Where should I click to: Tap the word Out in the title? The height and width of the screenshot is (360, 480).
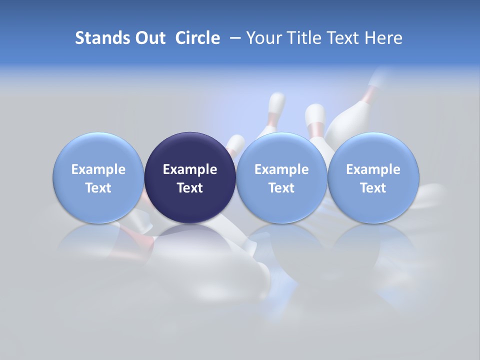[x=148, y=38]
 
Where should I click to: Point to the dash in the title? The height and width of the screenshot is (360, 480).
[x=233, y=38]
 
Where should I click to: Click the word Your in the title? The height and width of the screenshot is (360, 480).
[x=264, y=38]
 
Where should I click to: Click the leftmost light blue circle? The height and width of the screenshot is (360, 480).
[x=98, y=150]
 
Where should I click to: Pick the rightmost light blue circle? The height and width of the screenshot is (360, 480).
[x=373, y=150]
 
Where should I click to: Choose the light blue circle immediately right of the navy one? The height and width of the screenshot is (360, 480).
[x=281, y=150]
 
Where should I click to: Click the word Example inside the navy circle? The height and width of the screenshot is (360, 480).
[x=190, y=169]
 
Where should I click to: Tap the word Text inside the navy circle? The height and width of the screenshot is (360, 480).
[x=190, y=188]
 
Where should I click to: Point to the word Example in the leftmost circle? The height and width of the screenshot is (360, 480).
[x=98, y=169]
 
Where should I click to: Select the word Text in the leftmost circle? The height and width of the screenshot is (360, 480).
[x=98, y=188]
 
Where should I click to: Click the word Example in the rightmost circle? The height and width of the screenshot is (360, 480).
[x=373, y=169]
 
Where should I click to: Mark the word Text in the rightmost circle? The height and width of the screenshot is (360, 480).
[x=373, y=188]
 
